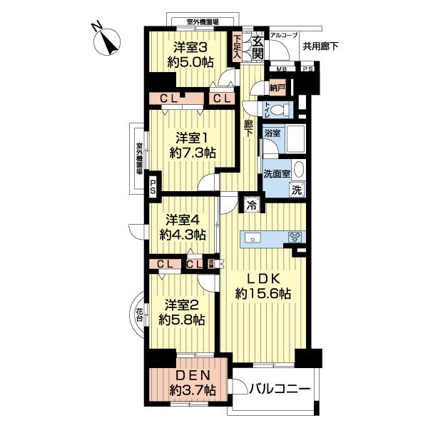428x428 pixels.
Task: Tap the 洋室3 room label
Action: pos(192,48)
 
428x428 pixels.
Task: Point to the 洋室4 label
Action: pos(183,220)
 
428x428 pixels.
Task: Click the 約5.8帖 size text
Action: pos(183,320)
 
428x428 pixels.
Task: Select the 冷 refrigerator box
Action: pos(251,205)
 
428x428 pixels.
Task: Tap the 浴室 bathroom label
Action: pos(272,133)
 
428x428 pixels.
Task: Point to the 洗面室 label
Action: pos(276,173)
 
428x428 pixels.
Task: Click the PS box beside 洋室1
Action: pos(153,188)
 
